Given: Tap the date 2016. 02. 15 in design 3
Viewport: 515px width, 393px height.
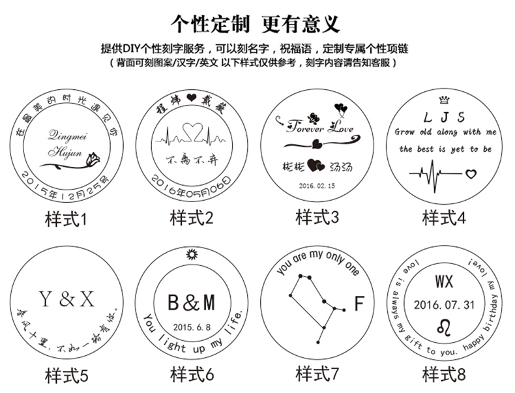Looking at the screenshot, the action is click(316, 185).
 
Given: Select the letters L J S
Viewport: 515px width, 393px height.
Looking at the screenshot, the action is click(444, 117).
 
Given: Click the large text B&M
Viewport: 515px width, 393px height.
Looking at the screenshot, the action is click(191, 303).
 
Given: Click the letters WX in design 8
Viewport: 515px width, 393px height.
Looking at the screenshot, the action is click(444, 282).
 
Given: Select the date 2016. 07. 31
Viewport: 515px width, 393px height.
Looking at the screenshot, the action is click(444, 304).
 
